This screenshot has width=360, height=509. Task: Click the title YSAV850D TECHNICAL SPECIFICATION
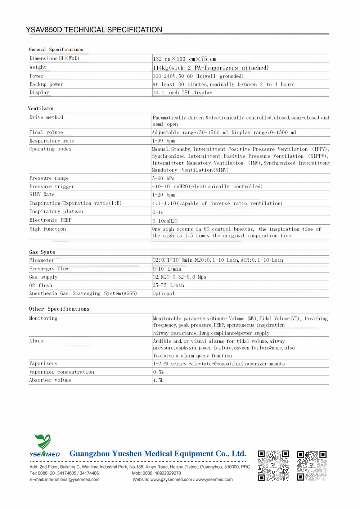click(94, 30)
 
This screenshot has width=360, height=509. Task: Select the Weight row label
click(38, 67)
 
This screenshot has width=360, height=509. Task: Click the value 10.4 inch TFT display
click(183, 93)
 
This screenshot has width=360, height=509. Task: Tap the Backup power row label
click(46, 85)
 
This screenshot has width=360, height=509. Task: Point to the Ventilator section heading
click(41, 108)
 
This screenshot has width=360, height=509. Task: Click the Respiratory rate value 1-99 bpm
click(163, 141)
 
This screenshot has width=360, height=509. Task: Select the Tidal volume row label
click(46, 132)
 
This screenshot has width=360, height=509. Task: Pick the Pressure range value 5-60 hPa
click(163, 179)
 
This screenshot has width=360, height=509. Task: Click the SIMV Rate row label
click(42, 194)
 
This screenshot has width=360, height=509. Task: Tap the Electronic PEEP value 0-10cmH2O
click(165, 221)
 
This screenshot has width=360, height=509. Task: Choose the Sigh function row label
click(48, 229)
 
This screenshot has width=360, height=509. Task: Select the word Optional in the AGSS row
click(164, 294)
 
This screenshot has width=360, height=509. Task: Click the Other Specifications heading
click(59, 309)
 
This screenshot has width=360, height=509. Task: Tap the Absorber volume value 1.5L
click(158, 380)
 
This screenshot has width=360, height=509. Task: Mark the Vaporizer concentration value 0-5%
click(158, 372)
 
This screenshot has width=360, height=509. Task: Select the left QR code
click(274, 465)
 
